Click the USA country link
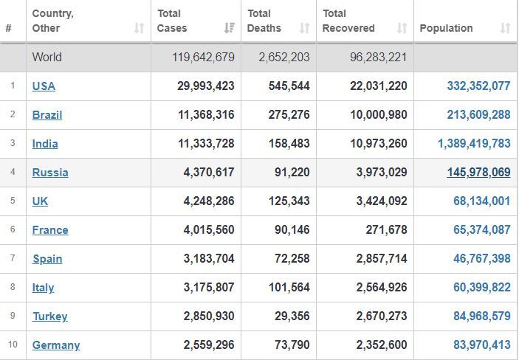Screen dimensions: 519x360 click(x=44, y=86)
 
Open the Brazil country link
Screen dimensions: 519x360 click(x=47, y=115)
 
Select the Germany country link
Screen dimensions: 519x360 click(x=56, y=345)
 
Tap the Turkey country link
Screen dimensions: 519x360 click(x=50, y=316)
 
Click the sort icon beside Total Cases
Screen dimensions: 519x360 click(x=230, y=28)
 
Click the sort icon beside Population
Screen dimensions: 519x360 click(x=505, y=28)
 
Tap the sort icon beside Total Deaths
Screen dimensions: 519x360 click(x=304, y=28)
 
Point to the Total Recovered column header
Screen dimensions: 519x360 click(x=348, y=21)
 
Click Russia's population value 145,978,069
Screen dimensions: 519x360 click(x=478, y=173)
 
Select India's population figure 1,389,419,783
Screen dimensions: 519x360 click(x=474, y=144)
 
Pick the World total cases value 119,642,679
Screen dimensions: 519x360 click(x=203, y=58)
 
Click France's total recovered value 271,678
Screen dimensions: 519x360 click(x=386, y=230)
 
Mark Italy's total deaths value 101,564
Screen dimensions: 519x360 click(x=289, y=288)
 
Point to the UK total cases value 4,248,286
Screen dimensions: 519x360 click(x=209, y=201)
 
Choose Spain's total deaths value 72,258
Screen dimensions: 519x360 click(x=292, y=259)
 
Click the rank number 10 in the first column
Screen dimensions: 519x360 click(x=13, y=345)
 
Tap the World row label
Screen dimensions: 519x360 click(x=47, y=58)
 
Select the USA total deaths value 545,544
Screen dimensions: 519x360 click(x=289, y=86)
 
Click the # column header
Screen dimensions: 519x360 click(x=9, y=28)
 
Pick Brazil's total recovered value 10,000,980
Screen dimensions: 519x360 click(x=379, y=115)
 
